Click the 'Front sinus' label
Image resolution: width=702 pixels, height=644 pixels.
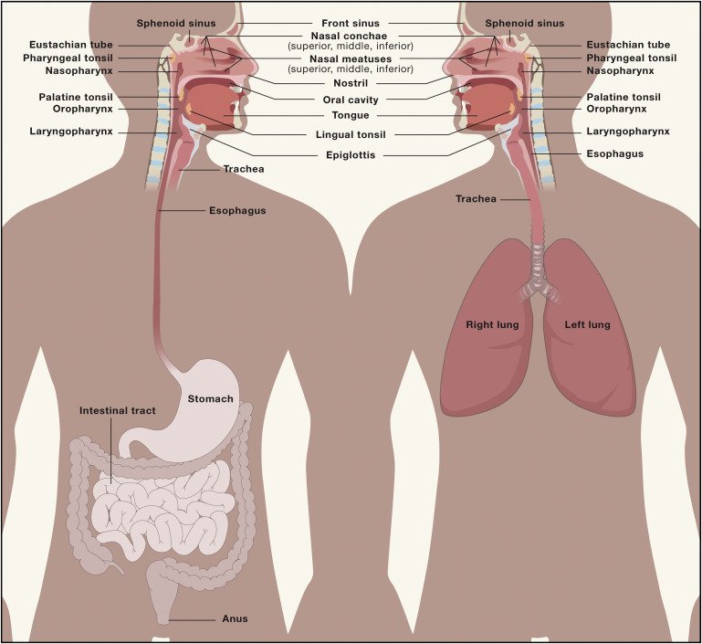pos(351,23)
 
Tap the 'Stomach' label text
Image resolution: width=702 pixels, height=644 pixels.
pos(211,399)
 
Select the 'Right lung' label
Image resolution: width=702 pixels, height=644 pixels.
pos(493,324)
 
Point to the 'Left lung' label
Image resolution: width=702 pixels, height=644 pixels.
pos(587,324)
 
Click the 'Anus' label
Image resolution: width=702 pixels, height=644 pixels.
pos(236,619)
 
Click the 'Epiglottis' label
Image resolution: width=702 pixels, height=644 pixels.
pos(350,155)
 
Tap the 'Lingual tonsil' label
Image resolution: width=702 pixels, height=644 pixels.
pos(351,135)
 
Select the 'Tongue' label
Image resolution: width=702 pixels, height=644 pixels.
pos(351,115)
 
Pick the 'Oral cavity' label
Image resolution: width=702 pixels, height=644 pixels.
pos(351,100)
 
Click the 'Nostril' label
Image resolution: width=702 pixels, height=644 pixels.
pos(351,83)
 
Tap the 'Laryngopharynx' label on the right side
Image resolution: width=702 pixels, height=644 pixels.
pos(628,132)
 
